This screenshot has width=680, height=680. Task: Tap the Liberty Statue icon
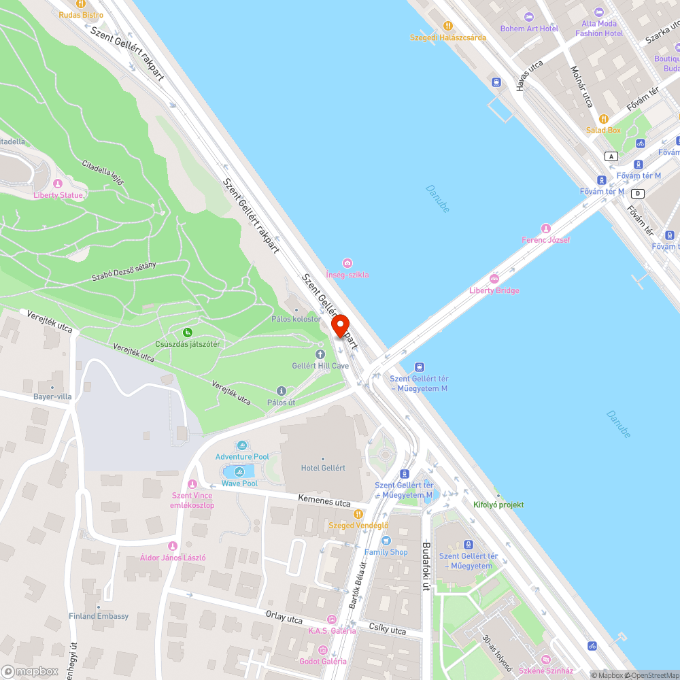[x=58, y=184]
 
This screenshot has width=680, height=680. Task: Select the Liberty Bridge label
[x=494, y=290]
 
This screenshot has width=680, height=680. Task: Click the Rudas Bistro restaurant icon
[x=82, y=3]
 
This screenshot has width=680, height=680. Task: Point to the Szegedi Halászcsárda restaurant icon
[x=447, y=26]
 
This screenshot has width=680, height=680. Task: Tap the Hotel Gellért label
[x=323, y=468]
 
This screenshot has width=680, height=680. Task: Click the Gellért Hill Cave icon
[x=320, y=354]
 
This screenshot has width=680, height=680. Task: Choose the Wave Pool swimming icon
[x=239, y=472]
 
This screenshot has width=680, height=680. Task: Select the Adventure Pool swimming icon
[x=242, y=445]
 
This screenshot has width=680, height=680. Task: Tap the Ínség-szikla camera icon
[x=347, y=263]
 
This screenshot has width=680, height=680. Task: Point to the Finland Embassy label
[x=99, y=616]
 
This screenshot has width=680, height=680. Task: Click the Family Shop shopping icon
[x=386, y=541]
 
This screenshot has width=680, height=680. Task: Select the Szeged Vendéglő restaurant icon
[x=358, y=514]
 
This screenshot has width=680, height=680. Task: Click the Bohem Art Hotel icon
[x=529, y=17]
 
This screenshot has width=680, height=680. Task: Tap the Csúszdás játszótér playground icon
[x=188, y=333]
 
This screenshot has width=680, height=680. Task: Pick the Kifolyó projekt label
[x=498, y=505]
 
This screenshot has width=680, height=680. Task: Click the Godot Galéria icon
[x=323, y=650]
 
